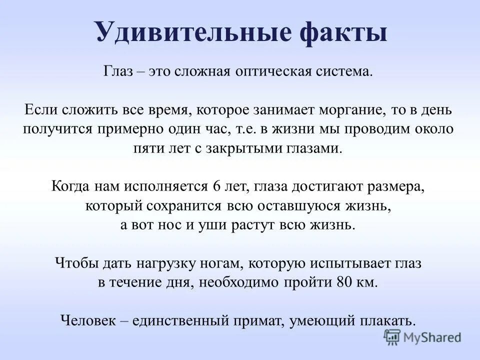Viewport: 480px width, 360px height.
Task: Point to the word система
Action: [x=347, y=71]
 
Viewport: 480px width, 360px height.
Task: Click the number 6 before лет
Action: [x=216, y=187]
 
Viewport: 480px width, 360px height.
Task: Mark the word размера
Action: [x=396, y=187]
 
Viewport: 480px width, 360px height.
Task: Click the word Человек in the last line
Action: [x=88, y=320]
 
